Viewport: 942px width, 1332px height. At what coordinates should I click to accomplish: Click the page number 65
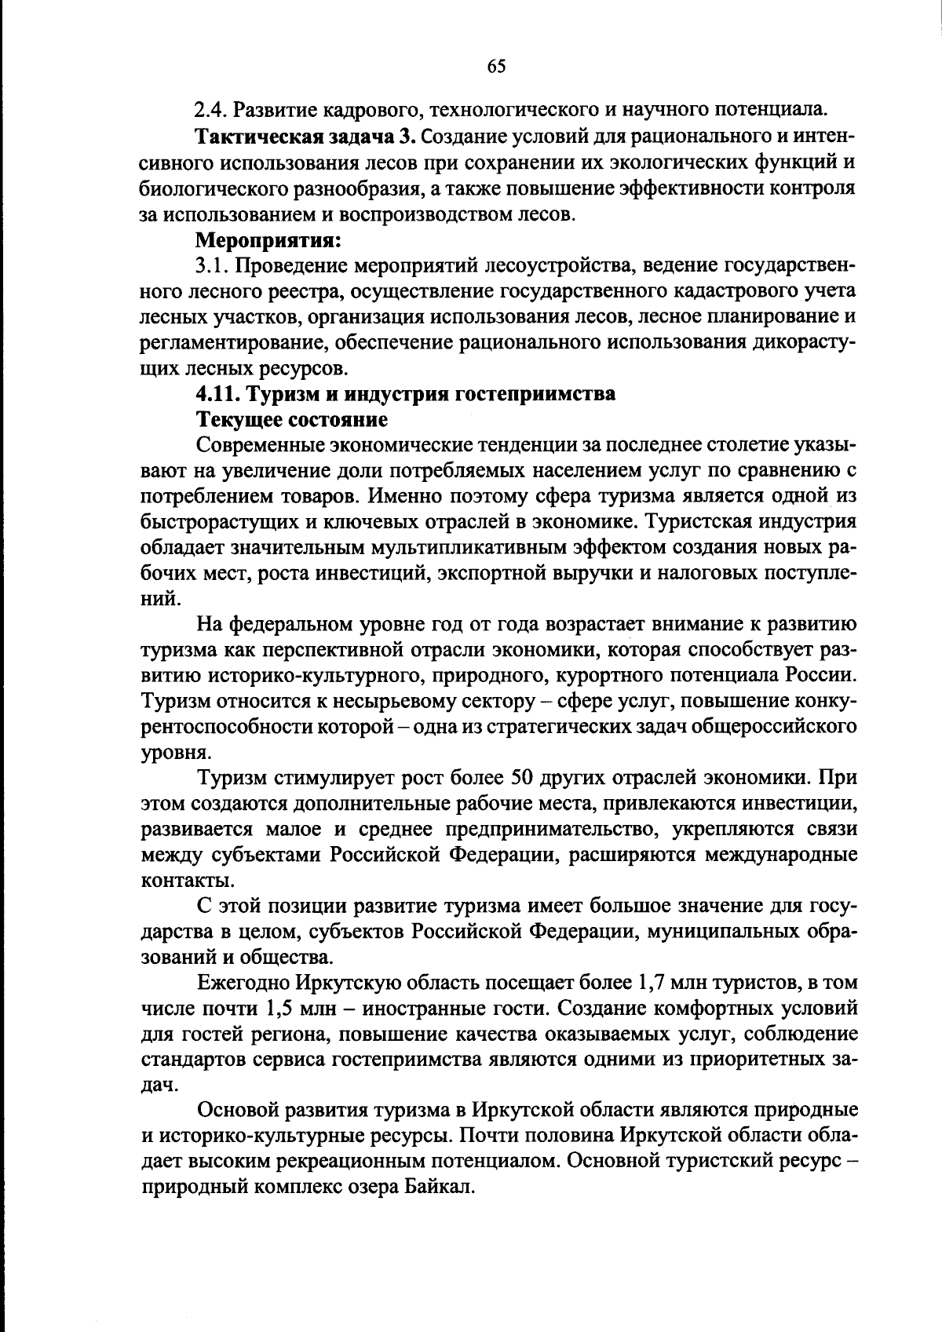pyautogui.click(x=496, y=66)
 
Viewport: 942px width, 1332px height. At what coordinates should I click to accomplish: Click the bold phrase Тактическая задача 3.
pyautogui.click(x=305, y=137)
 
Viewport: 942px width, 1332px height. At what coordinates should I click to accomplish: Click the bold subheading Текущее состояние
pyautogui.click(x=292, y=419)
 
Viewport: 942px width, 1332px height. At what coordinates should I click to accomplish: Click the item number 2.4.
pyautogui.click(x=210, y=111)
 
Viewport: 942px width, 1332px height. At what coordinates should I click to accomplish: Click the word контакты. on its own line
pyautogui.click(x=177, y=881)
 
